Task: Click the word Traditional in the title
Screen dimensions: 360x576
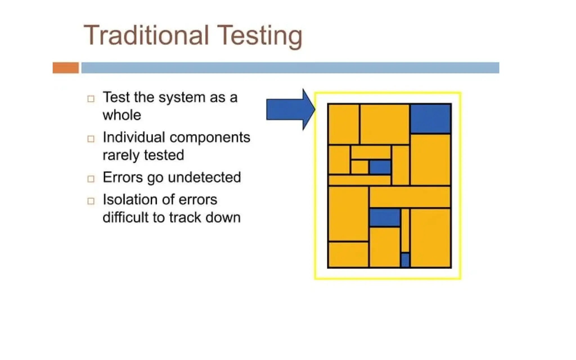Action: pos(146,36)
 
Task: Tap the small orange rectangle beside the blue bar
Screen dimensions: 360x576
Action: pos(66,68)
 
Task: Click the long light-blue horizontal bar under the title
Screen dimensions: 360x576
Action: pos(290,68)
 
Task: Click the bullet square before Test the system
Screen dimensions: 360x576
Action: pos(91,99)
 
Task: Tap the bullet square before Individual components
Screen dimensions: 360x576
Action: pos(91,139)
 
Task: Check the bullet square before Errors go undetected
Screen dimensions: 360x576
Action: pos(91,179)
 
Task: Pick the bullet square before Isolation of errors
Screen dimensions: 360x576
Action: pos(91,201)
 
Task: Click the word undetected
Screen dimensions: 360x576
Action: pos(204,177)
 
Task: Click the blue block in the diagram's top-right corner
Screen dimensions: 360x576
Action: pos(430,119)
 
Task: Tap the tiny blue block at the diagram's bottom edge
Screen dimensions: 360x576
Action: pos(405,260)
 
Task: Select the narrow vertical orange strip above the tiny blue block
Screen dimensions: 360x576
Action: pos(405,230)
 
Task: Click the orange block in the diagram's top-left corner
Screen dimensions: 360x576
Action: pos(344,124)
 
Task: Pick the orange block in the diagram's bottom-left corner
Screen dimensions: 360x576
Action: pos(348,254)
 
